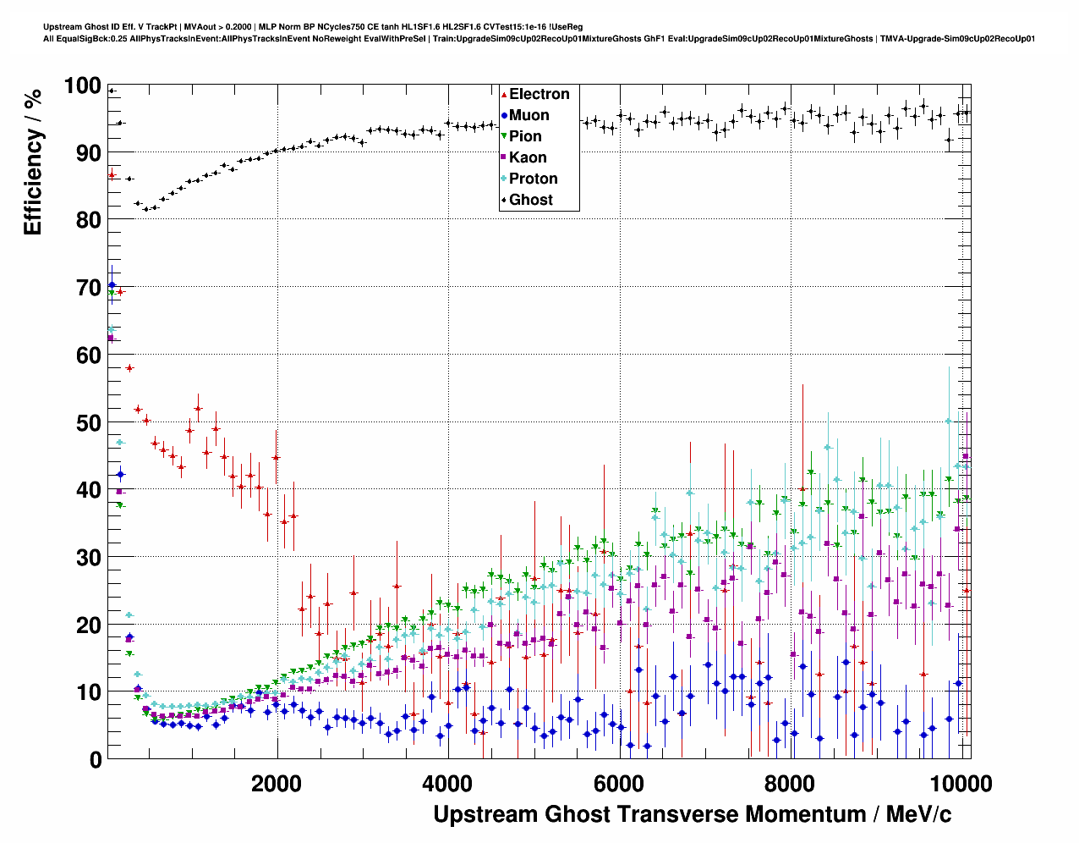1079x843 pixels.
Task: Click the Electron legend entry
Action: click(x=539, y=95)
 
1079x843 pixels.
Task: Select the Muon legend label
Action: click(x=529, y=116)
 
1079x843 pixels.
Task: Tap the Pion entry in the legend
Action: click(x=525, y=137)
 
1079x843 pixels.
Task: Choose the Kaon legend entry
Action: click(x=528, y=158)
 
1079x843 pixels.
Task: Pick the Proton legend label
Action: click(x=533, y=179)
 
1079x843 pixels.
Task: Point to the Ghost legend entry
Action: click(x=530, y=201)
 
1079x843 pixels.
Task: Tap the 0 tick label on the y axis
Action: click(x=96, y=760)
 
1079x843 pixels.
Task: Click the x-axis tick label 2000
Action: click(x=277, y=783)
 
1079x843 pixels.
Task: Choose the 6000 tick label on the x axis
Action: click(x=619, y=783)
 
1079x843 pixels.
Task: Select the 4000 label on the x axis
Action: click(x=447, y=783)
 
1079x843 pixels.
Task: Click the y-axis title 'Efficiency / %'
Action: click(x=33, y=162)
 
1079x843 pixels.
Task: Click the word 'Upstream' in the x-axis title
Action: click(x=485, y=814)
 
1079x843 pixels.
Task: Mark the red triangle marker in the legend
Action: click(x=504, y=95)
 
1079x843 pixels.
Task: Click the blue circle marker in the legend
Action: click(x=504, y=116)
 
